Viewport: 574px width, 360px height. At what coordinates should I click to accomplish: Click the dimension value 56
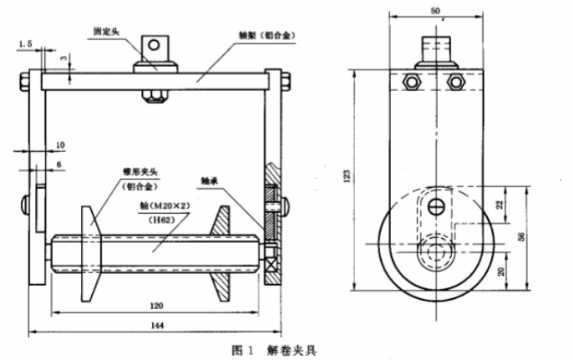(x=544, y=237)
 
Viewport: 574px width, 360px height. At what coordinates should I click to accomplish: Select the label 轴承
(x=211, y=180)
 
